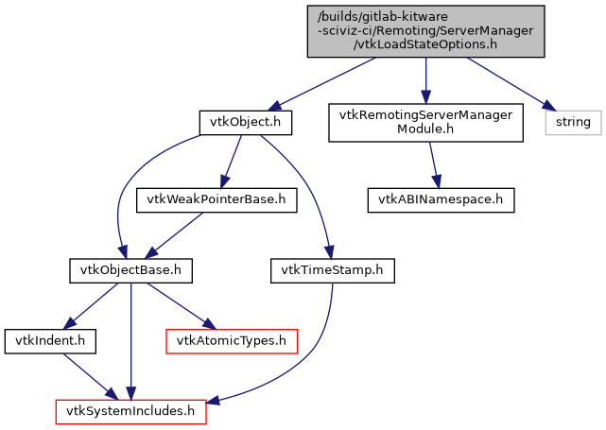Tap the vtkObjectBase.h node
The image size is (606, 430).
coord(130,269)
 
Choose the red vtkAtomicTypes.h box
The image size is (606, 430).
coord(232,339)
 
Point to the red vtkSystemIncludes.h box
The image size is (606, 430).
coord(130,411)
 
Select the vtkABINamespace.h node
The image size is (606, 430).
coord(441,199)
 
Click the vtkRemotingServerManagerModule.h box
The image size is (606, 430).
coord(425,123)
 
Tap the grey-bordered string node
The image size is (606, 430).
coord(572,122)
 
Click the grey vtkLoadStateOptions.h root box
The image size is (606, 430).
coord(425,32)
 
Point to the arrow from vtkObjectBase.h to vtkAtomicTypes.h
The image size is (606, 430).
coord(180,303)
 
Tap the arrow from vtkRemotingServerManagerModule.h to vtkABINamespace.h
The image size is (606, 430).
coord(433,164)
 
